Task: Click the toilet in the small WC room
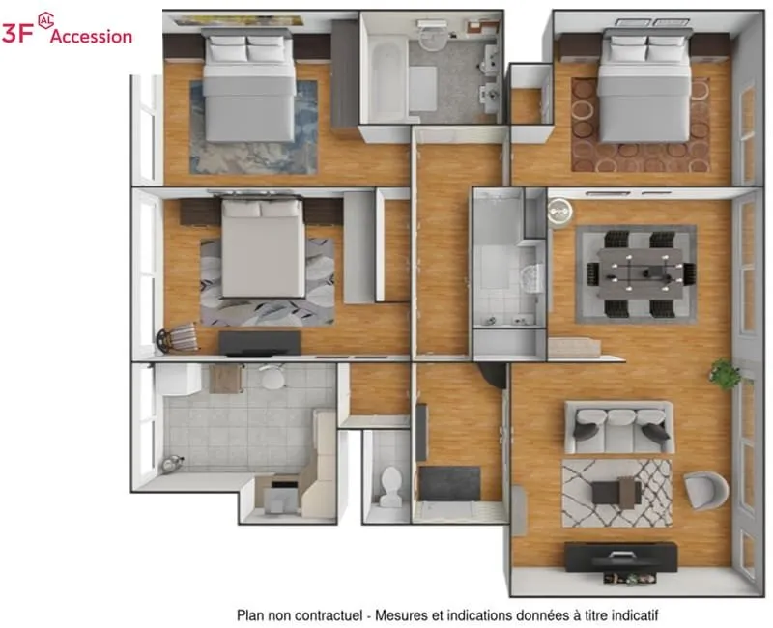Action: coord(391,487)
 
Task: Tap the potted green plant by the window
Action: coord(725,374)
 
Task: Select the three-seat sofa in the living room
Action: coord(619,427)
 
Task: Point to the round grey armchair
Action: coord(706,490)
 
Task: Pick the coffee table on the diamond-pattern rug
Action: coord(616,492)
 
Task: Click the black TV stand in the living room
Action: coord(620,557)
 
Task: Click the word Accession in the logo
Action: coord(91,36)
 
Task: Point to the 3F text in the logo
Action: coord(16,33)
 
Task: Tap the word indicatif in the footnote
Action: coord(635,615)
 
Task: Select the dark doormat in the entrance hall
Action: coord(449,483)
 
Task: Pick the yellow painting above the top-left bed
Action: coord(239,20)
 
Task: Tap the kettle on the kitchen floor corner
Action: coord(172,464)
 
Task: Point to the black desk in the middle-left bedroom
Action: coord(259,343)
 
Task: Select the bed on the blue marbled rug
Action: coord(249,85)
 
